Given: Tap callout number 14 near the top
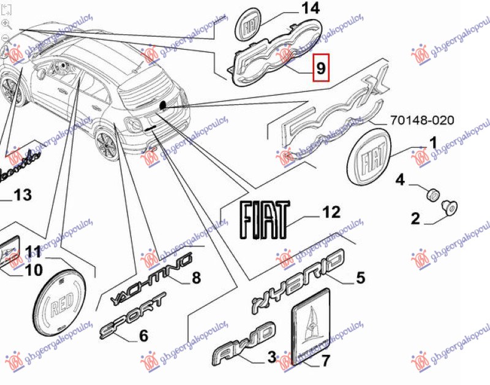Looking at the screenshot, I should coord(311,9).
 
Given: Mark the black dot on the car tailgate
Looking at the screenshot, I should coord(164,106).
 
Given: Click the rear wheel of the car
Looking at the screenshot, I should coord(107,145).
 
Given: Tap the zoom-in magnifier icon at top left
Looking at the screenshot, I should coord(6,24).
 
